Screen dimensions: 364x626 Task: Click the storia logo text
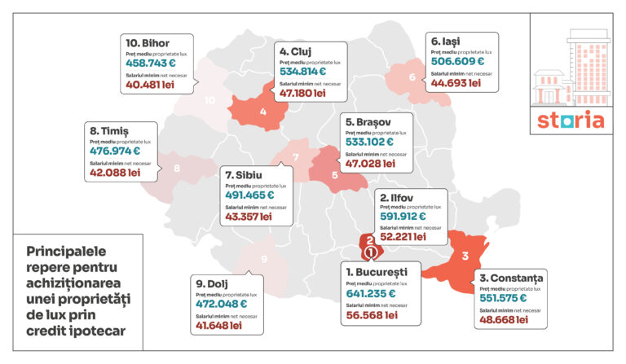(x=571, y=120)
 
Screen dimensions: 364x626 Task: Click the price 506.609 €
(x=457, y=60)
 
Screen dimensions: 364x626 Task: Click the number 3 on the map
(x=465, y=257)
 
